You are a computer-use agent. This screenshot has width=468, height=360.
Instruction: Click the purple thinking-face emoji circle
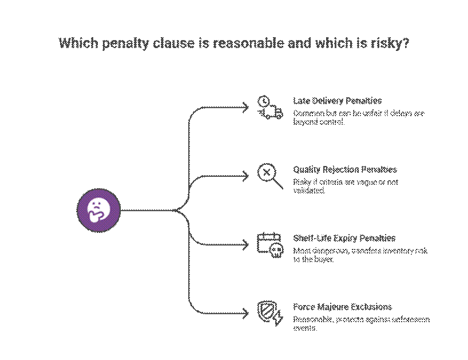(98, 210)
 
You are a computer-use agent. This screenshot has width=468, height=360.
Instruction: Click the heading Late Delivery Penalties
(337, 101)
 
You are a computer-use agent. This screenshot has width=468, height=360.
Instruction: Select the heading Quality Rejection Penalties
(345, 169)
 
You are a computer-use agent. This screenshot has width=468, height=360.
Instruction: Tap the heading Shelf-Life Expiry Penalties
(344, 238)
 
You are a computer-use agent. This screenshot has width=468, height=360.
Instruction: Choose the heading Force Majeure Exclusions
(343, 307)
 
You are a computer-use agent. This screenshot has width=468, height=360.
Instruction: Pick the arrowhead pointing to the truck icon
(245, 108)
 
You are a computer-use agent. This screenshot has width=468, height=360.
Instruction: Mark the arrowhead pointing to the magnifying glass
(245, 176)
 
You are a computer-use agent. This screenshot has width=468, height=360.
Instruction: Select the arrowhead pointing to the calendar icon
(245, 244)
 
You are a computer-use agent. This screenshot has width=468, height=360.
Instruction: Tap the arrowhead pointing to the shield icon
(245, 313)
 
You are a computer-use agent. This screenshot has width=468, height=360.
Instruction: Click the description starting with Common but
(358, 117)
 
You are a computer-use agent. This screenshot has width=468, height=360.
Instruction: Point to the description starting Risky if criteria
(345, 186)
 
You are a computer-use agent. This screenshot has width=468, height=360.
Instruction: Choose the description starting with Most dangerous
(360, 255)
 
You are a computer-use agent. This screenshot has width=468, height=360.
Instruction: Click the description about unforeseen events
(361, 323)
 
